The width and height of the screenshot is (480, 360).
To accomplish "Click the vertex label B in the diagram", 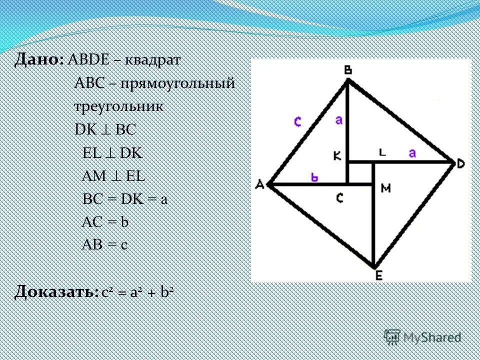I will (347, 71).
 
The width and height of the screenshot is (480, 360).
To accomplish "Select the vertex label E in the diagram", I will (374, 274).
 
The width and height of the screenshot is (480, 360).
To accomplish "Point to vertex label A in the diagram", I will (259, 185).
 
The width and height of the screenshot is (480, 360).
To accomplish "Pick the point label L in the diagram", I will (382, 153).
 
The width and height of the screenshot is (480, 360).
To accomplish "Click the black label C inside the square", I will (339, 198).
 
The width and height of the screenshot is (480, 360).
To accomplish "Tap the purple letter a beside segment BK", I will (339, 120).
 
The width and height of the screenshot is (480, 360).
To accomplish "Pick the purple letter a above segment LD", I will (412, 153).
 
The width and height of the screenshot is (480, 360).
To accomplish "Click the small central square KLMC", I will (360, 173).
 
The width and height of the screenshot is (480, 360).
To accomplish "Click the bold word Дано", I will (38, 60).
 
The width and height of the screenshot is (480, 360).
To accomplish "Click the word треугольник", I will (118, 106).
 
